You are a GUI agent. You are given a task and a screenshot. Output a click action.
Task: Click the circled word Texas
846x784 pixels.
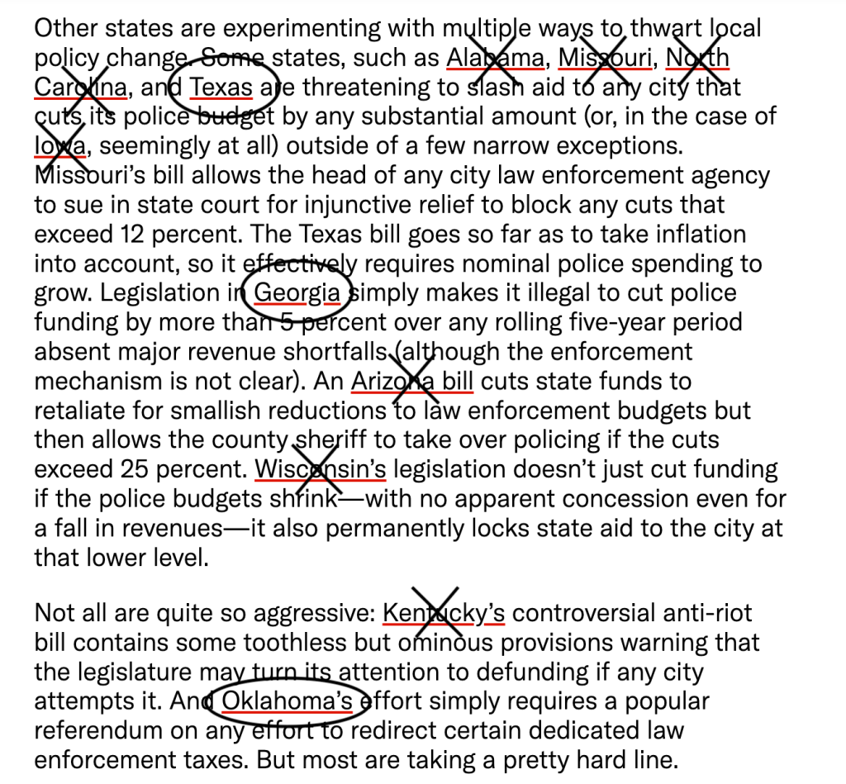(x=221, y=88)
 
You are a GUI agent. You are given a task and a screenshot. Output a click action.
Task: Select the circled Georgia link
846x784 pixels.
(x=297, y=293)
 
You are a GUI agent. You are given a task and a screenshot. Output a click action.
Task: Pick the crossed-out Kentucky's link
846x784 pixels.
(x=444, y=613)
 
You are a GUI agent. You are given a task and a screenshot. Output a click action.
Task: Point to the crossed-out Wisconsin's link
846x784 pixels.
(x=320, y=470)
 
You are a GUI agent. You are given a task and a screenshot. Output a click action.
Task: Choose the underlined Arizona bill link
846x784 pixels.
(x=411, y=382)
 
